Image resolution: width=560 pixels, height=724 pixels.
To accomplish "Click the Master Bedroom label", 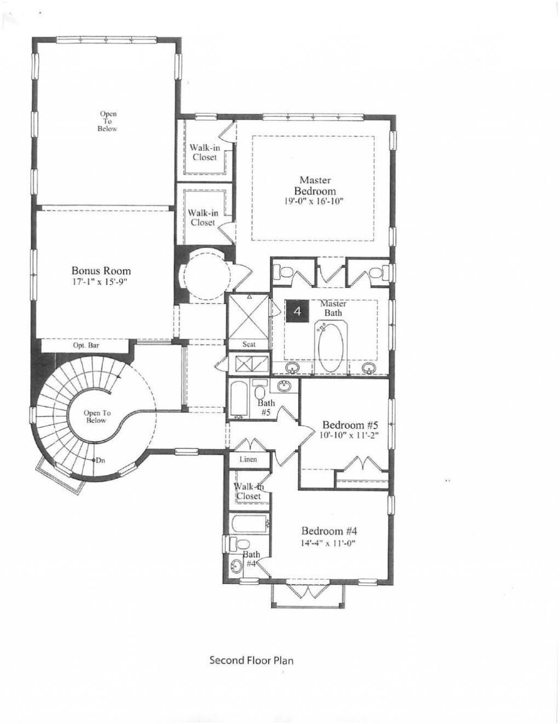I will click(314, 186).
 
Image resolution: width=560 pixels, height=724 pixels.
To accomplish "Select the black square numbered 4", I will click(297, 311).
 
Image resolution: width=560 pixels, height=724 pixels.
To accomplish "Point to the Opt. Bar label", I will click(86, 346).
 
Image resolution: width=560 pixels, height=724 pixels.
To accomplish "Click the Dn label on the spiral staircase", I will click(100, 460).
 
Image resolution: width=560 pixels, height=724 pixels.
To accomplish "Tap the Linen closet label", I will click(248, 459).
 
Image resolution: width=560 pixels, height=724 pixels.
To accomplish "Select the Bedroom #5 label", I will click(350, 425).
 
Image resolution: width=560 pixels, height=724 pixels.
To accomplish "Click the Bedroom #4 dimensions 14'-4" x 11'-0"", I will click(329, 543).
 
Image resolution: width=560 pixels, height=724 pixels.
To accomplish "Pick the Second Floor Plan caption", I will click(252, 660).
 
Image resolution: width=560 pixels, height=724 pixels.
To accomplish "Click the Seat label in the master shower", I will click(249, 344).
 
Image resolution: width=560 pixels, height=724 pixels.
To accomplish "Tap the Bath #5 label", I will click(266, 408).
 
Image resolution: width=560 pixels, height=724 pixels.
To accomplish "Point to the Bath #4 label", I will click(251, 559).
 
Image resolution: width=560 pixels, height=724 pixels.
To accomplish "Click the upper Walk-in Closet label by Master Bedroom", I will click(205, 152).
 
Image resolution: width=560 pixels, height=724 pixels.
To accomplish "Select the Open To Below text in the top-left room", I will click(108, 121).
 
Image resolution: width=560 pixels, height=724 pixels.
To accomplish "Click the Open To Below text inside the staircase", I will click(97, 416).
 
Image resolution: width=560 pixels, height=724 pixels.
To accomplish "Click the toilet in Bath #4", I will click(235, 544).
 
